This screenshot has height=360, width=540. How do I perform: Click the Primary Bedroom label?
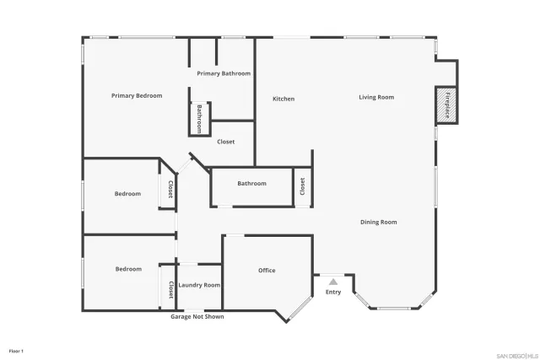[x=137, y=96]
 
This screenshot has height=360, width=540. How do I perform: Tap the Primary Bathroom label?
[x=224, y=73]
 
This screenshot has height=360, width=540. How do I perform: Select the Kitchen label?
[x=283, y=99]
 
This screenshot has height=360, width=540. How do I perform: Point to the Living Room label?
[x=376, y=98]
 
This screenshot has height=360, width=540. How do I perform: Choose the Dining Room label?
[x=378, y=223]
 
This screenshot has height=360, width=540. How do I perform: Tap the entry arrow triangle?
[x=333, y=282]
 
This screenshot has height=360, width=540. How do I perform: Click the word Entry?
[x=333, y=292]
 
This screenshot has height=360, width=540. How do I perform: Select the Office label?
[x=267, y=271]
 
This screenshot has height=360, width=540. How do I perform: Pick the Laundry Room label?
[x=199, y=285]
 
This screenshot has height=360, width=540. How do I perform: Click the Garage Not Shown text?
[x=197, y=317]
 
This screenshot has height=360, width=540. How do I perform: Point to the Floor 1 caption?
[x=16, y=350]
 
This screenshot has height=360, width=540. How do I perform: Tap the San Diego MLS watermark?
[x=516, y=355]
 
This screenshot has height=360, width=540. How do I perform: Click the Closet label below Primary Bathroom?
[x=226, y=142]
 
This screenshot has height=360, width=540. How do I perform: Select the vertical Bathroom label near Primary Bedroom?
[x=199, y=118]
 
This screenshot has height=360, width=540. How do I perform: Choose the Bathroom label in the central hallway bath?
[x=251, y=184]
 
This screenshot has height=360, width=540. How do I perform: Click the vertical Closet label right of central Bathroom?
[x=302, y=186]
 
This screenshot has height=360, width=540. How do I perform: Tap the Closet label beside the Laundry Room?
[x=170, y=290]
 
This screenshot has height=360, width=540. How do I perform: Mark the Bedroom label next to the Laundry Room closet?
[x=128, y=269]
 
